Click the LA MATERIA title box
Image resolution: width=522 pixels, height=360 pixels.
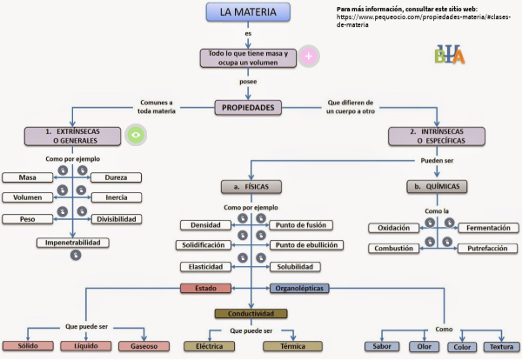click(249, 12)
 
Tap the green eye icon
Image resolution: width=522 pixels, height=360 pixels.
click(134, 135)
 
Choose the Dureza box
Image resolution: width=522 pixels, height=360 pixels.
click(116, 177)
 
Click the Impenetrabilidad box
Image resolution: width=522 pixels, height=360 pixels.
click(74, 243)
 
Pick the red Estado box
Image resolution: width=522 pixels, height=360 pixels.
click(205, 288)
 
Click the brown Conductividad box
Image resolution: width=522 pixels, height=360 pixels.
click(250, 313)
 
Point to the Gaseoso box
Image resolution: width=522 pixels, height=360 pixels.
click(141, 346)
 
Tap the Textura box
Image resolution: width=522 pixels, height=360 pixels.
click(501, 346)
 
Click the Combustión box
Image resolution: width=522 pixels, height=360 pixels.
click(393, 248)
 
